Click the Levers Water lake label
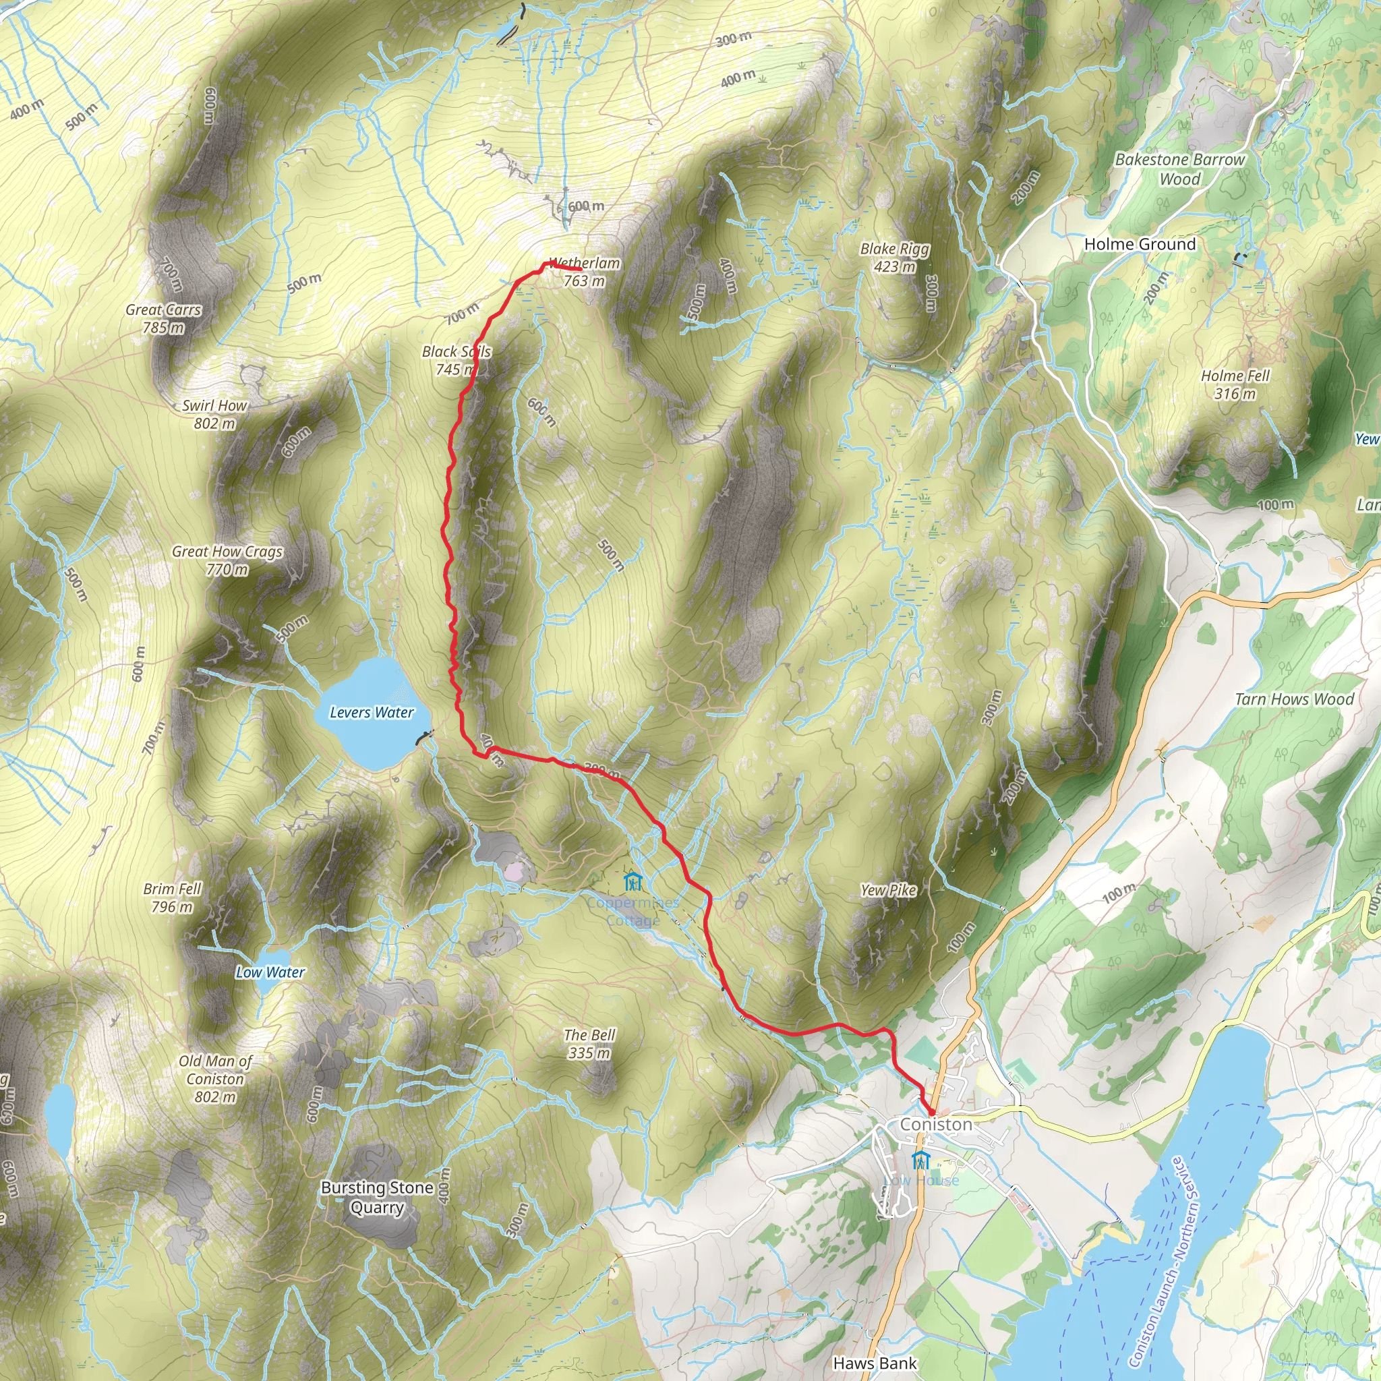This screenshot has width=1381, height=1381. (372, 713)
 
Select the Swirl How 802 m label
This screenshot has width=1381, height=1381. (214, 415)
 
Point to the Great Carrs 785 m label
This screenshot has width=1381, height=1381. (164, 319)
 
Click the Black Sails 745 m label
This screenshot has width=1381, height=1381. (456, 360)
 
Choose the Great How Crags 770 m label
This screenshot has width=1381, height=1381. (227, 560)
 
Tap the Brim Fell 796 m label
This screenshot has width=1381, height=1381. (172, 898)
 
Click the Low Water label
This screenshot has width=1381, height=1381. (270, 972)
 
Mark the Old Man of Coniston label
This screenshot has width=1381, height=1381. (215, 1079)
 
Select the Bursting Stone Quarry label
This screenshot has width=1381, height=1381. (378, 1198)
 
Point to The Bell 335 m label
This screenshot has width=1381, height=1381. (590, 1044)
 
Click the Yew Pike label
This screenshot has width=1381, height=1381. (889, 890)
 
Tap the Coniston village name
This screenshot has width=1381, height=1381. (937, 1124)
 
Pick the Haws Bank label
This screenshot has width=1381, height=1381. (875, 1363)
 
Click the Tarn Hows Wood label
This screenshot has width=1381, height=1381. (1295, 699)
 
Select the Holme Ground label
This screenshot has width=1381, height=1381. (1140, 245)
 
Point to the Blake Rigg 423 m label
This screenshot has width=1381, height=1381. (895, 258)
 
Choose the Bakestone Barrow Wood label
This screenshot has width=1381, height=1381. (1180, 169)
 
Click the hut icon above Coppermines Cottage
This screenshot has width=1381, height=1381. (633, 881)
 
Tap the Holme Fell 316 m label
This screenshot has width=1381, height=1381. (1235, 384)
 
